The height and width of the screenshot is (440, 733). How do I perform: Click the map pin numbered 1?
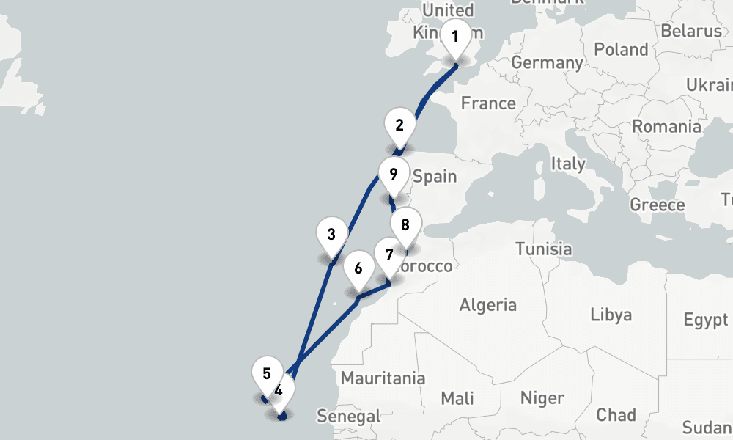click(455, 37)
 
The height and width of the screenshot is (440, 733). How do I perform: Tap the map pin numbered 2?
click(399, 125)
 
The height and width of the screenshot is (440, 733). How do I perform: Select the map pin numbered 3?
click(331, 235)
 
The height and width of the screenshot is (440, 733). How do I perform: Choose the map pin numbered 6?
click(358, 268)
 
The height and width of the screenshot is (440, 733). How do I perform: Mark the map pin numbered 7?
click(388, 256)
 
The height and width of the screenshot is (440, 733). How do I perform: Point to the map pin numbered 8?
click(405, 225)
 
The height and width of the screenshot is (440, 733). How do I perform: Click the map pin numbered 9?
click(394, 175)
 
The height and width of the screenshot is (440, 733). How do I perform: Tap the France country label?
click(488, 103)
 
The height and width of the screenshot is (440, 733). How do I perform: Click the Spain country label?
click(435, 177)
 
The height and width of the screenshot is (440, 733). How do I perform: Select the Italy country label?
click(568, 163)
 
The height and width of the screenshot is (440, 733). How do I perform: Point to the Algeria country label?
click(488, 304)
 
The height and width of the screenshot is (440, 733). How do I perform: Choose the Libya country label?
click(611, 315)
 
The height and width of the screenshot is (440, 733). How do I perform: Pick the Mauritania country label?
click(383, 378)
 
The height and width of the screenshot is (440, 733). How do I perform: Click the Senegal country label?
click(348, 417)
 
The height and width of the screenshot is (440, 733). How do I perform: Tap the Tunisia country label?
click(543, 249)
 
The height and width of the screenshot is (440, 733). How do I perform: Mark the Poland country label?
click(622, 50)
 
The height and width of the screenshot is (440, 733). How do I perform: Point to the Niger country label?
click(542, 398)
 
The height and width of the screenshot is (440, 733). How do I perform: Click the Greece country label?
click(657, 205)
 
